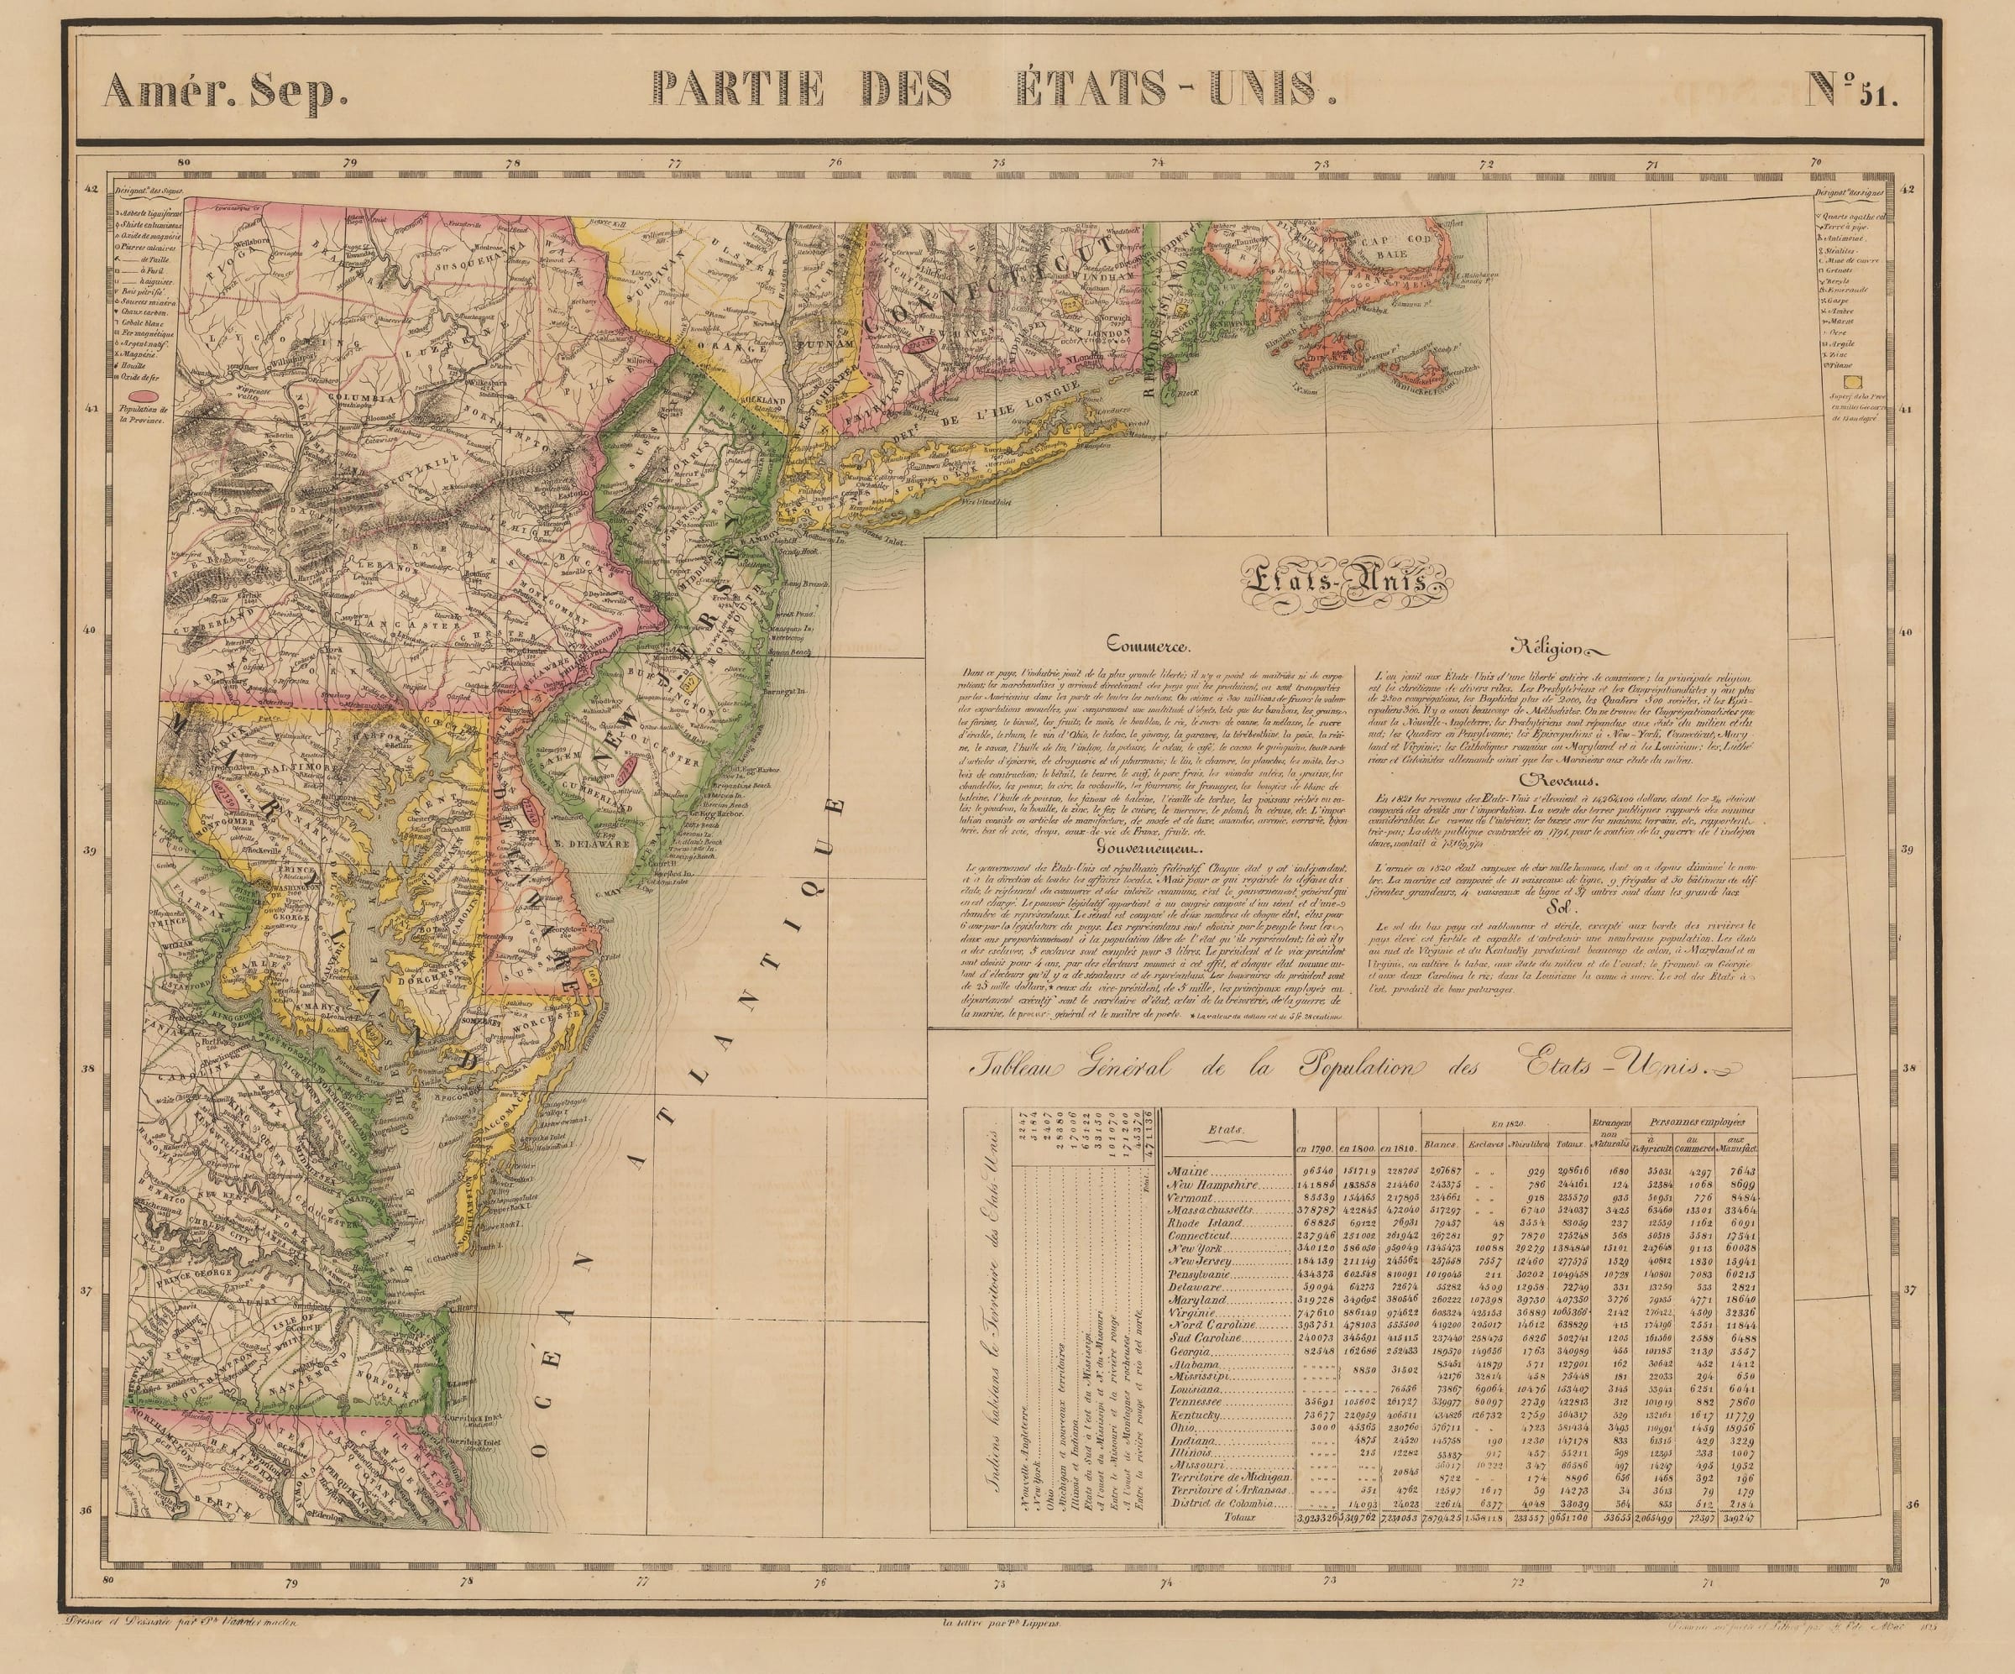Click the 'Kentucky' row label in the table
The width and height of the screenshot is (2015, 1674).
tap(1195, 1415)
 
